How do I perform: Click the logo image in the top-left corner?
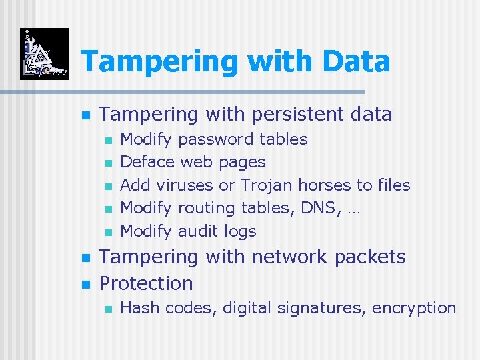[x=44, y=54]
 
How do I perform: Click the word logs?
[x=240, y=231]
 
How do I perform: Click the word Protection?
[x=145, y=283]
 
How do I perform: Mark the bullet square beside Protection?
[x=85, y=284]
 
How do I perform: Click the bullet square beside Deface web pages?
[x=108, y=163]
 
